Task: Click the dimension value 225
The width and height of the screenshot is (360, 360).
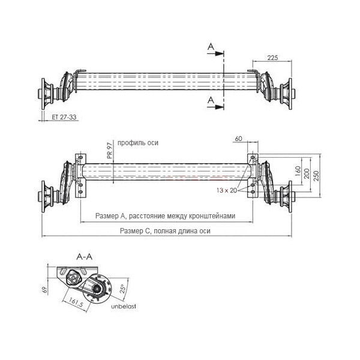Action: point(272,58)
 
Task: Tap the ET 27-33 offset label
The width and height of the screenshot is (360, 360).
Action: point(64,117)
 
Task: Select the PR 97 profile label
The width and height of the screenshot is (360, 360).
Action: point(110,151)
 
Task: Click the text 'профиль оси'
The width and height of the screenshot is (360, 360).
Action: point(138,143)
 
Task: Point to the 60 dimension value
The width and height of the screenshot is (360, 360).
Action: point(239,139)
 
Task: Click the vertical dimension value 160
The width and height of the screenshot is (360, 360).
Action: point(298,171)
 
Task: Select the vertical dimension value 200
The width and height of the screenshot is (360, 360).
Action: point(307,173)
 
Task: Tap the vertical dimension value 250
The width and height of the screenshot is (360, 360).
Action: point(316,176)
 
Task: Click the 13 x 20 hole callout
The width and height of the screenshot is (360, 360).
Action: point(227,190)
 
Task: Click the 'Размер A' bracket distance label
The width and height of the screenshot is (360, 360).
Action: point(166,216)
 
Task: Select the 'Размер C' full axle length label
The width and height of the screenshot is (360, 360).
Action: point(165,231)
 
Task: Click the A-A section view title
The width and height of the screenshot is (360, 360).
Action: point(84,257)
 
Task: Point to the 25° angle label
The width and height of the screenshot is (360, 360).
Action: point(123,289)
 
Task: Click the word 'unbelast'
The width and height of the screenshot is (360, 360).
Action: point(124,306)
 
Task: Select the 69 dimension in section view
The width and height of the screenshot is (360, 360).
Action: point(45,290)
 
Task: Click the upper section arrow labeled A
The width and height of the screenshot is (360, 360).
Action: point(215,53)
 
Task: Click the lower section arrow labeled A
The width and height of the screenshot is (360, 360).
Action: point(215,107)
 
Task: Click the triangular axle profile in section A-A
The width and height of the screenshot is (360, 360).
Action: point(73,278)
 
